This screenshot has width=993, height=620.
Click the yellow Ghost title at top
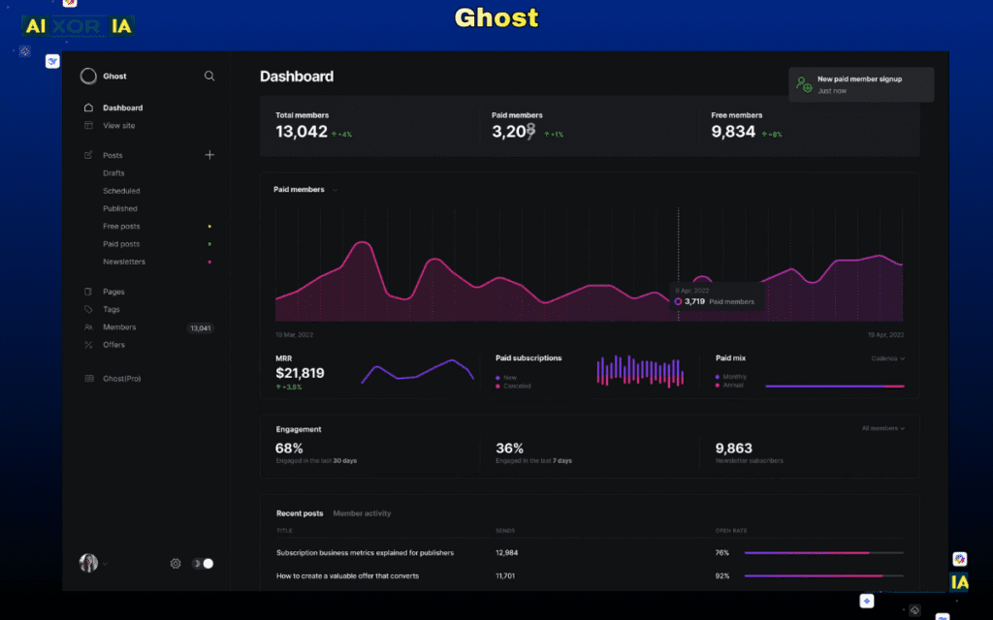click(x=496, y=18)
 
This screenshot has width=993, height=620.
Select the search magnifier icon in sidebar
click(x=209, y=76)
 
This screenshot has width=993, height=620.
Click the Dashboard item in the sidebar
click(x=122, y=108)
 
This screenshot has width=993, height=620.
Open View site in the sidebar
click(x=118, y=126)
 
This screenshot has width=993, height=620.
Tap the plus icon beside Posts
click(x=209, y=155)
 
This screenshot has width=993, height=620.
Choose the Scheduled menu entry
click(x=121, y=191)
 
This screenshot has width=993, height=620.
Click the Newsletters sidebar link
click(x=124, y=262)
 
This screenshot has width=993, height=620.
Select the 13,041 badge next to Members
click(x=200, y=328)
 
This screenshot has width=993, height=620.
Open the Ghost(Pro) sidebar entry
click(x=121, y=379)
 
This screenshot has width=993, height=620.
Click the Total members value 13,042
click(x=302, y=132)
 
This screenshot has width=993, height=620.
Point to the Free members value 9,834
click(x=733, y=132)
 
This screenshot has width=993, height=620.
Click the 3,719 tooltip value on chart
click(x=694, y=301)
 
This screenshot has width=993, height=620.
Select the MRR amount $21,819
click(x=300, y=373)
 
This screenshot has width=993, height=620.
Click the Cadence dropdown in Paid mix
click(x=887, y=358)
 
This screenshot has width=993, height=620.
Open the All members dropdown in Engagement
click(x=882, y=428)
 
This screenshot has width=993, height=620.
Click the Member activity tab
click(x=362, y=513)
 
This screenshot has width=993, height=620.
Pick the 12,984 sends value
click(x=506, y=553)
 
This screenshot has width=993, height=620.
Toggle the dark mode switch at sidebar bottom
click(x=204, y=563)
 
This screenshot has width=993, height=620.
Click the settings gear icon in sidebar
click(x=176, y=563)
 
